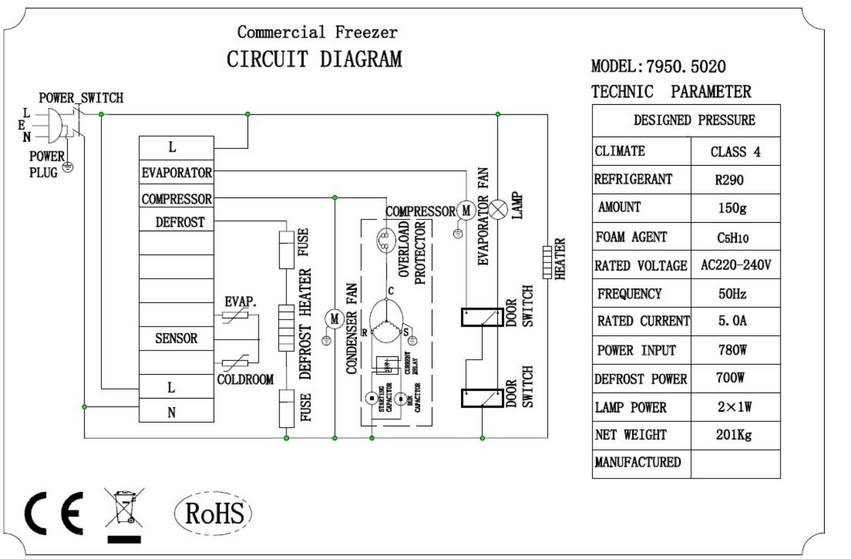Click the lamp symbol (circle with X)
pyautogui.click(x=498, y=210)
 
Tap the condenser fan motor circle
pyautogui.click(x=334, y=319)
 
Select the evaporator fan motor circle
pyautogui.click(x=466, y=210)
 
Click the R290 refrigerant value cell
pyautogui.click(x=729, y=180)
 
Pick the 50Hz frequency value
pyautogui.click(x=732, y=294)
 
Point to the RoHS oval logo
pyautogui.click(x=214, y=513)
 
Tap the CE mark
pyautogui.click(x=54, y=513)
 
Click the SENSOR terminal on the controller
pyautogui.click(x=177, y=338)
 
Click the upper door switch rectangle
pyautogui.click(x=482, y=318)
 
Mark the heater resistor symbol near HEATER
pyautogui.click(x=547, y=262)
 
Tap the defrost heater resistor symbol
pyautogui.click(x=286, y=328)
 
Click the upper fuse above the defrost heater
pyautogui.click(x=286, y=250)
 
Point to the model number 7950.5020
pyautogui.click(x=686, y=66)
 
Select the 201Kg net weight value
pyautogui.click(x=734, y=435)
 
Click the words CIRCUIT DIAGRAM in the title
pyautogui.click(x=314, y=59)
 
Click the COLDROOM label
pyautogui.click(x=245, y=380)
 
